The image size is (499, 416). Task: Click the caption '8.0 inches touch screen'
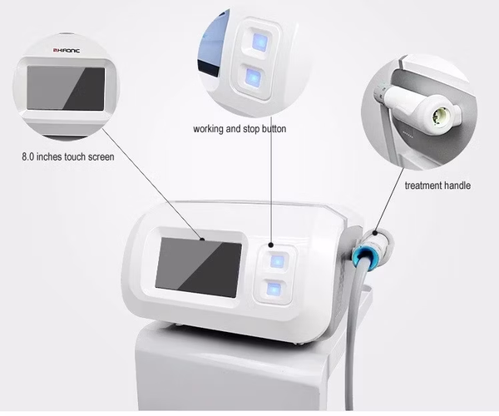pyautogui.click(x=67, y=156)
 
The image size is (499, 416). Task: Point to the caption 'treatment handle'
pyautogui.click(x=437, y=186)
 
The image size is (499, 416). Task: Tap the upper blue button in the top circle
pyautogui.click(x=254, y=44)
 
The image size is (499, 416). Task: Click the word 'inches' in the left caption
pyautogui.click(x=57, y=156)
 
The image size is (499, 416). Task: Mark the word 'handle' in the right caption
pyautogui.click(x=456, y=186)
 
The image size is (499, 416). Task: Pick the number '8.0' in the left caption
pyautogui.click(x=30, y=156)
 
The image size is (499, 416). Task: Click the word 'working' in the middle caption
pyautogui.click(x=211, y=130)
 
